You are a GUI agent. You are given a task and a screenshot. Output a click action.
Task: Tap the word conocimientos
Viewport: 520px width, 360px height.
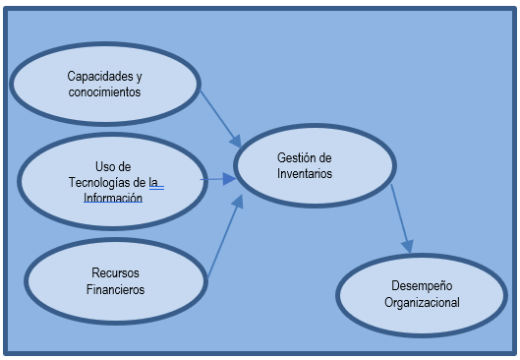tap(104, 91)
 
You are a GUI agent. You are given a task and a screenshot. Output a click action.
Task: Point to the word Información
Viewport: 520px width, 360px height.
tap(113, 197)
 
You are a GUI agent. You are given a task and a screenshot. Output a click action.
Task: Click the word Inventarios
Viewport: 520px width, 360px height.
tap(305, 174)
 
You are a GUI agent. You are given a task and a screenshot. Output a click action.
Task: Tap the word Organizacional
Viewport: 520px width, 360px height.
tap(422, 303)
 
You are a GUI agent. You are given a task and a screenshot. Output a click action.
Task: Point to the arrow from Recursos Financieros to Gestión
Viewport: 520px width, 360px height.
tap(223, 240)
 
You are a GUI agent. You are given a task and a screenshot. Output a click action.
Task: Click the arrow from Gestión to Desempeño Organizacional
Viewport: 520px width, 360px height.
tap(400, 216)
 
